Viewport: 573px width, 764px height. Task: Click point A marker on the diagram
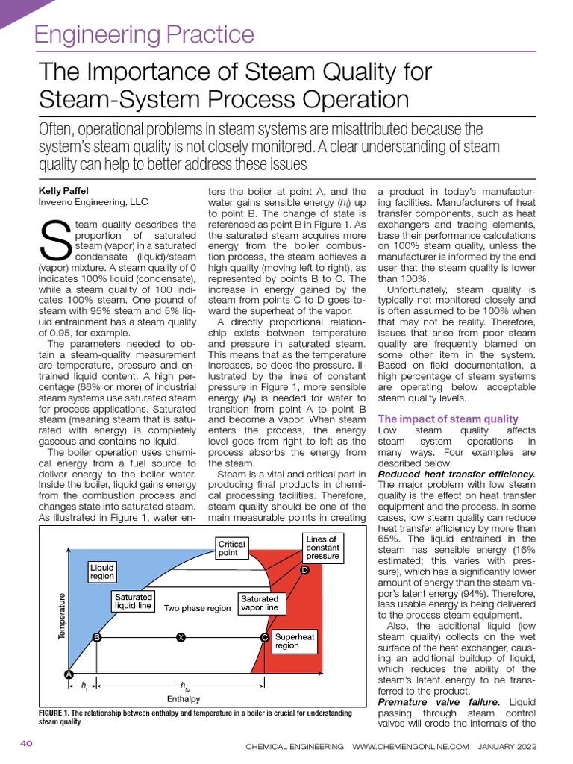point(69,674)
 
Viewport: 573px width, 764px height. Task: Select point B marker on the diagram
point(96,638)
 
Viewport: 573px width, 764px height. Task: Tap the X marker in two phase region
point(180,637)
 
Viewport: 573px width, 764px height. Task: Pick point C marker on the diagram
point(265,638)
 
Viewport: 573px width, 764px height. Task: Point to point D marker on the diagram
point(304,571)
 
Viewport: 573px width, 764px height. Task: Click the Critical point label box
point(231,549)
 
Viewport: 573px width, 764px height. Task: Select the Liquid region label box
point(101,572)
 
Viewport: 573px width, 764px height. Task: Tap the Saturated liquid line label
point(134,601)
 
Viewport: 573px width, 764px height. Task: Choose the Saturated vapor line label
point(259,603)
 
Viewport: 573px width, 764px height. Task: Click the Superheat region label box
point(295,641)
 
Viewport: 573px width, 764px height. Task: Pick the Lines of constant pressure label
point(322,547)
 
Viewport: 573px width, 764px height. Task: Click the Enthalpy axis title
point(183,699)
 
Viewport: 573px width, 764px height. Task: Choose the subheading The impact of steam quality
point(448,419)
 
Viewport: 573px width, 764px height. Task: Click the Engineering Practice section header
point(145,34)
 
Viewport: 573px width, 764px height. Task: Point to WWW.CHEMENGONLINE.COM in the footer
point(410,746)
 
